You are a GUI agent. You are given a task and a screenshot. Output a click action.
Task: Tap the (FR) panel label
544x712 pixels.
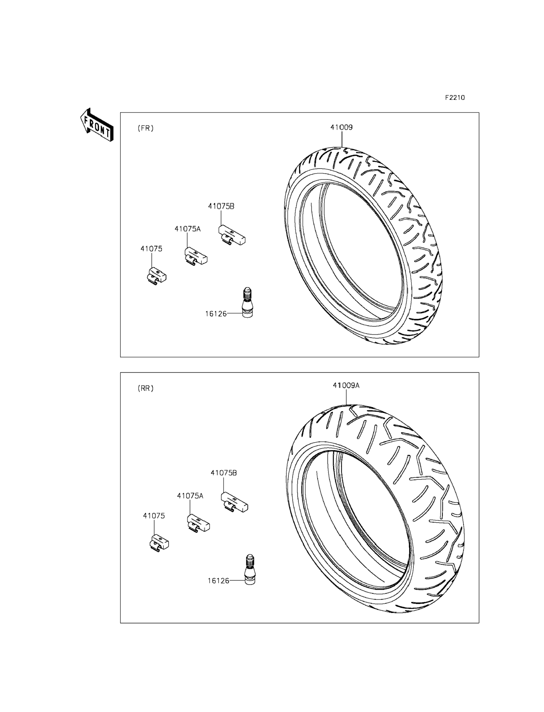click(146, 128)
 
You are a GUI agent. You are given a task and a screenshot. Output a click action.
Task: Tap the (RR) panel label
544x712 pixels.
click(146, 388)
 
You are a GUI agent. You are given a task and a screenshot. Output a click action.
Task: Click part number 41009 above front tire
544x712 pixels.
click(341, 127)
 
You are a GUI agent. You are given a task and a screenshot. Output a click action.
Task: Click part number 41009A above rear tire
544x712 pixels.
click(346, 385)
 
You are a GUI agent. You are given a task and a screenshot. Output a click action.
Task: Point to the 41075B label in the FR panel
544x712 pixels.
click(221, 206)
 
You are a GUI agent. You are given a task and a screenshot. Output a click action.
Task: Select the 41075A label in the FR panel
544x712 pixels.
click(188, 229)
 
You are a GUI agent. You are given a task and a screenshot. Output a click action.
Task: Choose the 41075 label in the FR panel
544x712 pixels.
click(151, 249)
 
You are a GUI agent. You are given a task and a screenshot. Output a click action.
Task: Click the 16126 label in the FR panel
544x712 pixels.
click(216, 314)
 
